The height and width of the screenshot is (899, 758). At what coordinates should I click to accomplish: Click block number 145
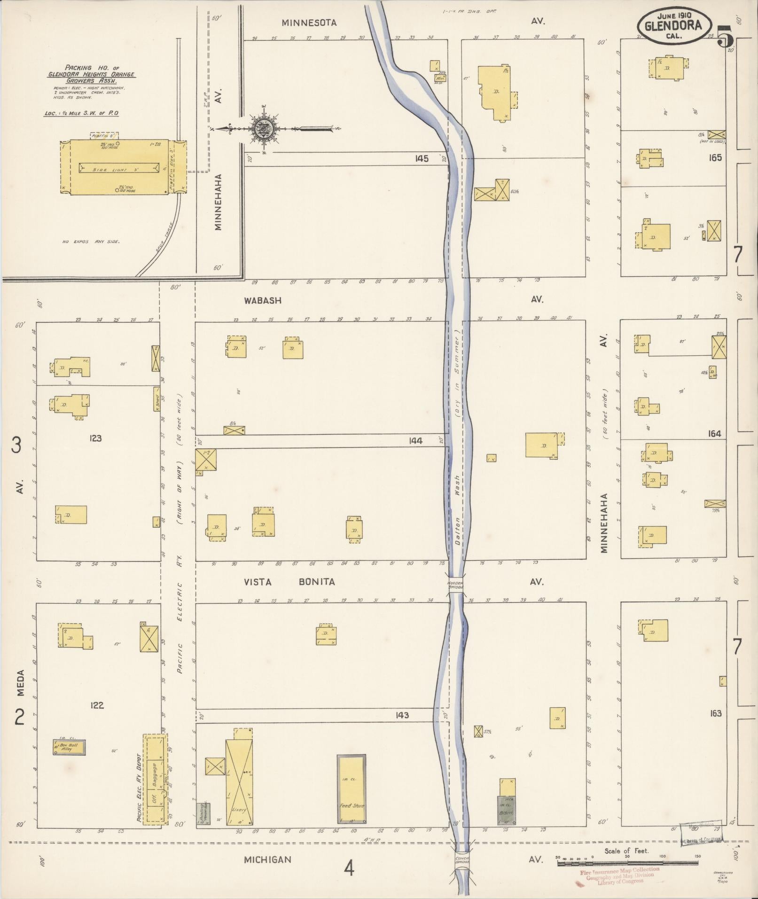(422, 159)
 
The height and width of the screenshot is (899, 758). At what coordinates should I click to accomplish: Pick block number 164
(714, 434)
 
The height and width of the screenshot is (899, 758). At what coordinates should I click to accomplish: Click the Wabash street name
(262, 300)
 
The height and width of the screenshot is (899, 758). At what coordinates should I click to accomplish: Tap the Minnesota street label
(309, 22)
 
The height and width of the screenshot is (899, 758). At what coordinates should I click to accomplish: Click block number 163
(716, 713)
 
